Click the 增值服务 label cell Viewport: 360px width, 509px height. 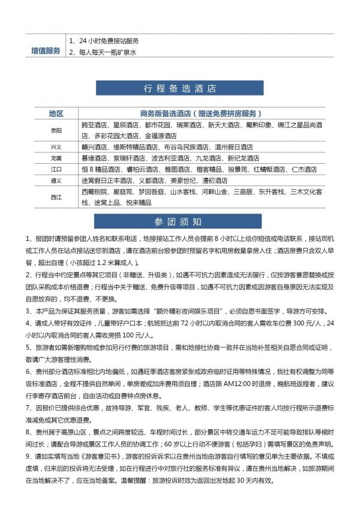pyautogui.click(x=46, y=50)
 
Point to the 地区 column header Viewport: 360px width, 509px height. pyautogui.click(x=56, y=113)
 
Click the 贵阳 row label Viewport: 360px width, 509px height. pyautogui.click(x=56, y=130)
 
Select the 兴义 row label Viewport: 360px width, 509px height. pyautogui.click(x=56, y=147)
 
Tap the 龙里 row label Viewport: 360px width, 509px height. pyautogui.click(x=56, y=158)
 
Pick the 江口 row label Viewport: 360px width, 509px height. pyautogui.click(x=56, y=170)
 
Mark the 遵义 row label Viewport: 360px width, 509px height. pyautogui.click(x=56, y=181)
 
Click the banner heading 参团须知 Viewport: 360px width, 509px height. pyautogui.click(x=180, y=221)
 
